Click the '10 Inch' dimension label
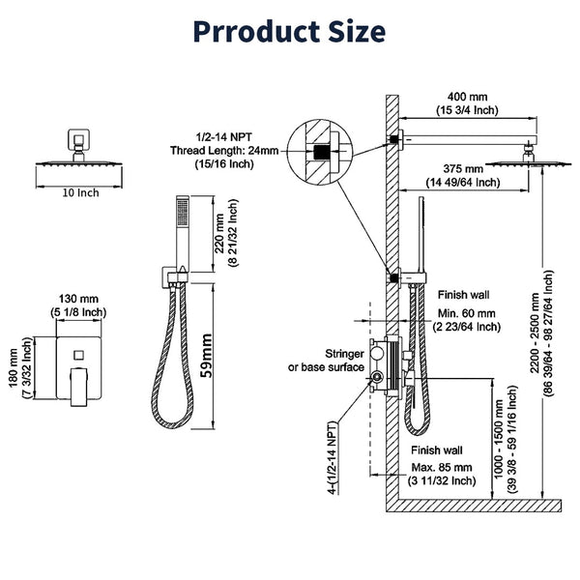(x=81, y=193)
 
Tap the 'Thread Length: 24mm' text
(x=212, y=150)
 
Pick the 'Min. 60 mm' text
(x=468, y=312)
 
